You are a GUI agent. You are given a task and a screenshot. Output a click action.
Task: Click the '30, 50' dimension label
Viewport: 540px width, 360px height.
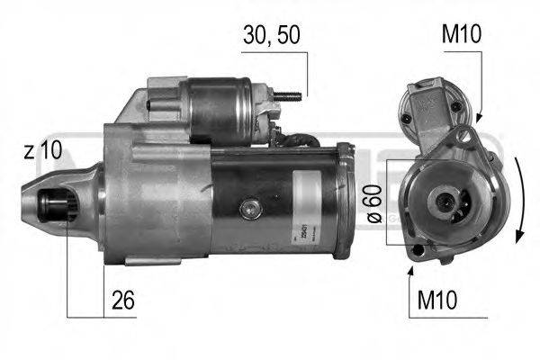pyautogui.click(x=271, y=37)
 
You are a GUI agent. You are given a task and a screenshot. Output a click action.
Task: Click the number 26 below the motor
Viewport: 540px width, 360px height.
pyautogui.click(x=124, y=301)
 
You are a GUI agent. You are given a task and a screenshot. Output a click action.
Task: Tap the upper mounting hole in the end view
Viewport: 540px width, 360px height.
pyautogui.click(x=465, y=136)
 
